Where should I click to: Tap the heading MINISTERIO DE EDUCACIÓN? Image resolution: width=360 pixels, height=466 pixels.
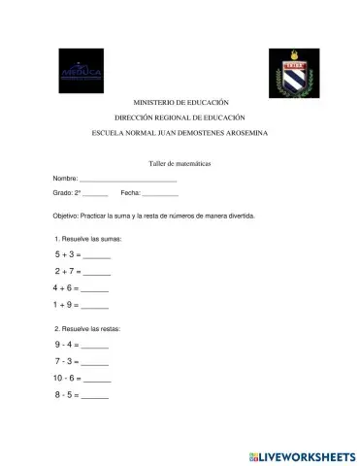coord(180,102)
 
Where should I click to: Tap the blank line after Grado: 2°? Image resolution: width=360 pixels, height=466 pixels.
coord(95,197)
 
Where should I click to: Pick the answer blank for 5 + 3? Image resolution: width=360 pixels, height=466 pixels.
coord(97,255)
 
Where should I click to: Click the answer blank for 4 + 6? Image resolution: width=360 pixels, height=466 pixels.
coord(95,289)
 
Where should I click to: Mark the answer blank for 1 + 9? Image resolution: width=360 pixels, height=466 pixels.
coord(95,306)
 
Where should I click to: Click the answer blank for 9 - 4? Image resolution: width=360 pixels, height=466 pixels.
coord(95,346)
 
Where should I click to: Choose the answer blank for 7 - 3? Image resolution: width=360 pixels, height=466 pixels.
coord(95,362)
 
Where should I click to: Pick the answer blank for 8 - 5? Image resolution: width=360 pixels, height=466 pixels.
coord(95,396)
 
